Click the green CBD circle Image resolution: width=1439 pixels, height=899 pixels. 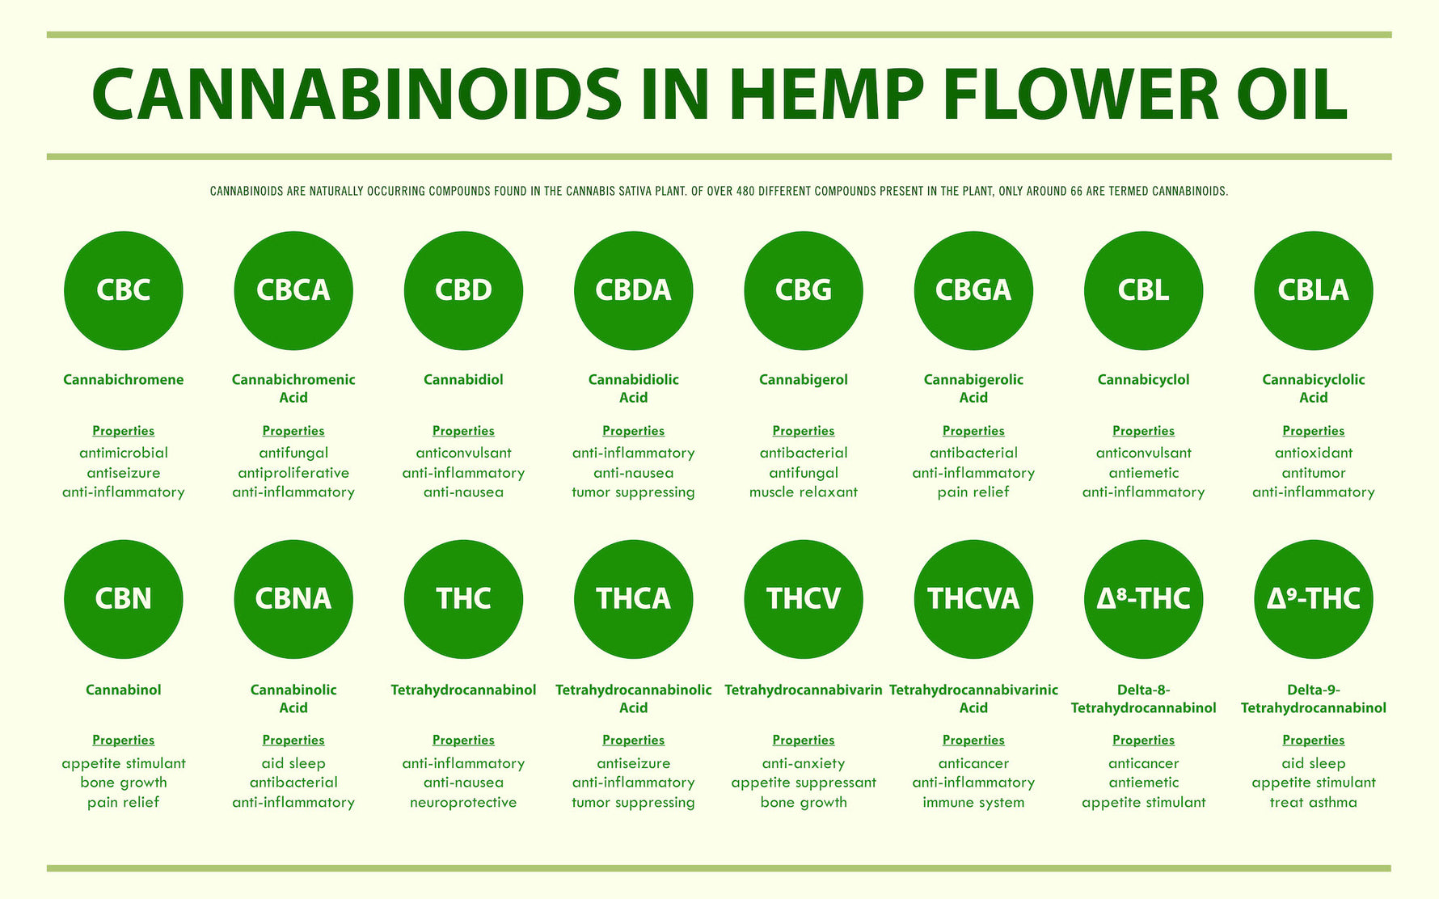point(463,291)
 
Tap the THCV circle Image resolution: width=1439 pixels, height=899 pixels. point(804,599)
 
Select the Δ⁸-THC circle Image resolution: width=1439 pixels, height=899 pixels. point(1143,599)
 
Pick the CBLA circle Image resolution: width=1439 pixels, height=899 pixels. point(1314,291)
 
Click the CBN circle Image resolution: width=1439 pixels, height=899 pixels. point(124,599)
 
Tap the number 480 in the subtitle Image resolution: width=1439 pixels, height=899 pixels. point(745,192)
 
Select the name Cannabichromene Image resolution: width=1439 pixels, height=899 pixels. point(124,379)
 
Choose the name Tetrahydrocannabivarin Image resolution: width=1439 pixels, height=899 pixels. point(804,690)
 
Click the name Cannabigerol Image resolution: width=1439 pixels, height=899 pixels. point(804,379)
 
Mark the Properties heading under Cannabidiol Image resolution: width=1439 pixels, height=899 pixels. point(463,431)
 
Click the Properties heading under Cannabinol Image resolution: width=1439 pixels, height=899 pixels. point(124,740)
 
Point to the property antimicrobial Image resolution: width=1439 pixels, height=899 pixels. point(124,453)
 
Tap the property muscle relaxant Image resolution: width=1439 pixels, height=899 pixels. point(804,492)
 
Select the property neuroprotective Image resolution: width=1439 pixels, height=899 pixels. point(463,802)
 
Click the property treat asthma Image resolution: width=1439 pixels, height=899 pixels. point(1314,802)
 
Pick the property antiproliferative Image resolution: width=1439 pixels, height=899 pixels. point(293,473)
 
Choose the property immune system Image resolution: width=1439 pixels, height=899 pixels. point(973,802)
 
